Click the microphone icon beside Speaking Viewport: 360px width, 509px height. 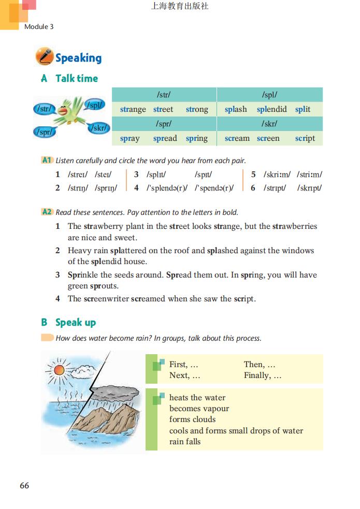[44, 56]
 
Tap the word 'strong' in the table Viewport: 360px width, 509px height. [197, 109]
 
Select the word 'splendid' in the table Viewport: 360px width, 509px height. [271, 109]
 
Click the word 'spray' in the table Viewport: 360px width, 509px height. [129, 138]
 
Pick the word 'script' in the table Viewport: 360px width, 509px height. [305, 138]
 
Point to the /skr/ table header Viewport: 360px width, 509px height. [269, 124]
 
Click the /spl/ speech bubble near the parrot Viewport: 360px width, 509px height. [94, 105]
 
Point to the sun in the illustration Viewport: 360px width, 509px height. [57, 369]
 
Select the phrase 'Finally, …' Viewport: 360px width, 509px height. [263, 375]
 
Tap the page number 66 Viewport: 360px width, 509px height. [24, 485]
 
